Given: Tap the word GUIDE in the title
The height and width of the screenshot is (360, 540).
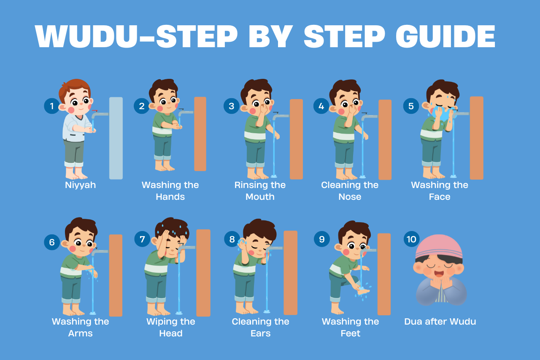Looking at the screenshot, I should pos(445,37).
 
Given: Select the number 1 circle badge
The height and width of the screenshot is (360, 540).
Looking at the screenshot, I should pos(52,106).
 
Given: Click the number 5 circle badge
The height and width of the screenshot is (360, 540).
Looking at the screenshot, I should pos(411,106).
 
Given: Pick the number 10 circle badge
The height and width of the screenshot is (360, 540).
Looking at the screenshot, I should pos(411,239).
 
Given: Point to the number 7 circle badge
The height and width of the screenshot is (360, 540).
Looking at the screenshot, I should pos(142,239).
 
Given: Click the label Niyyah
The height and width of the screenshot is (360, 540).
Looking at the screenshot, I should pos(80,185).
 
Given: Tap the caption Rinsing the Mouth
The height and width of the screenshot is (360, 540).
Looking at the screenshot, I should pos(260,191).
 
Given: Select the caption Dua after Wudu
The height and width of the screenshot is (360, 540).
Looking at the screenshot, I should pos(440,322).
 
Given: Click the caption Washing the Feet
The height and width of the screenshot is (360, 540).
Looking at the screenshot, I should pos(350,328).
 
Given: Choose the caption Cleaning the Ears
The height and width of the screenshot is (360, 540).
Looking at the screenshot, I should pos(260,328).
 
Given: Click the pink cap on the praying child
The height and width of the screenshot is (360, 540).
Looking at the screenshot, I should pos(439,244).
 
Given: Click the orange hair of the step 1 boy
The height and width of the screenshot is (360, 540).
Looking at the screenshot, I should pos(74,86).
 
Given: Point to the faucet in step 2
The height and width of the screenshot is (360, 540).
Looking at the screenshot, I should pos(186,113).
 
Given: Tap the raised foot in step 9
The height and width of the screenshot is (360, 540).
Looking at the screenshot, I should pos(363,291).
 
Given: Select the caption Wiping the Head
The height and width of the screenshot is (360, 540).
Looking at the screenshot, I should pos(170,328).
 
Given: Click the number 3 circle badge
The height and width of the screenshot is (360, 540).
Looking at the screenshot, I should pos(231,106).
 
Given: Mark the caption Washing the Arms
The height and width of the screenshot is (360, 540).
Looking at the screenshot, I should pos(80,328).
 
